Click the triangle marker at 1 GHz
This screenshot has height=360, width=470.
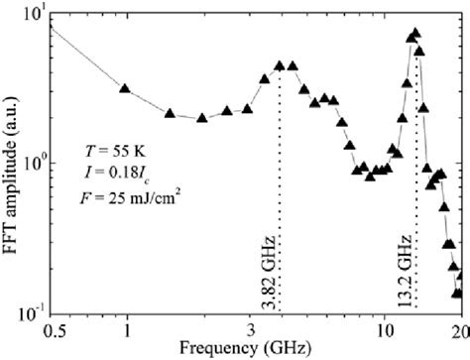click(125, 88)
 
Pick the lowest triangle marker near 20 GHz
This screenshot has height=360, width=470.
click(457, 293)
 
